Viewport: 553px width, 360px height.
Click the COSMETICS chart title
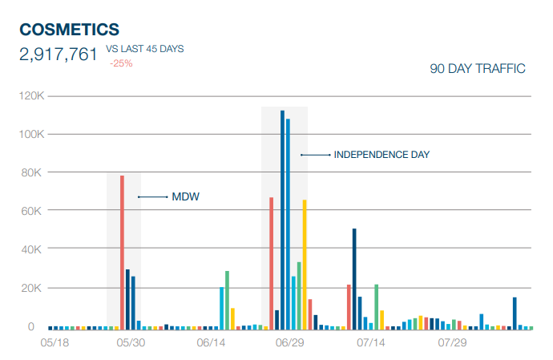pos(69,30)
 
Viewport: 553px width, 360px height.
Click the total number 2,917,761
pos(59,55)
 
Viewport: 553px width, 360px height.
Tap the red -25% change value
pos(121,63)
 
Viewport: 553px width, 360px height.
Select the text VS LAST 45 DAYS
pos(145,49)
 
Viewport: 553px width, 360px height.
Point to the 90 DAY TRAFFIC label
pos(478,69)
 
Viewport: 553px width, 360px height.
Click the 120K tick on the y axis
pos(33,96)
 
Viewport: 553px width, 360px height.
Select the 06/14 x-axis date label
pos(211,343)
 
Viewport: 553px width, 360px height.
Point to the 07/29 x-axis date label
pos(453,343)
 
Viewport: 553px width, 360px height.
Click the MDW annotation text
pos(184,196)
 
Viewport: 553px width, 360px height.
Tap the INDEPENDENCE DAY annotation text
pos(381,155)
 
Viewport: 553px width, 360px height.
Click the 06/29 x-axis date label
pos(289,343)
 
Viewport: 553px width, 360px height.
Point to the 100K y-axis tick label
pos(33,134)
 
